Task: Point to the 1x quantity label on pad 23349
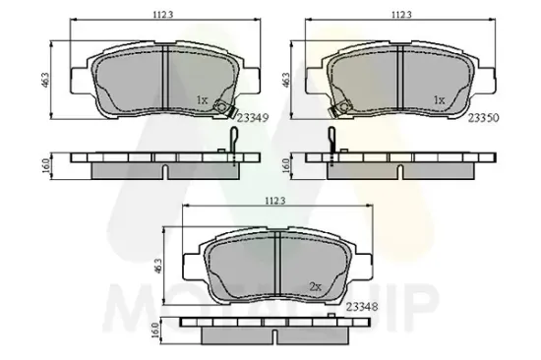[x=203, y=99]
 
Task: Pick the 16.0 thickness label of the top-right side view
[x=287, y=165]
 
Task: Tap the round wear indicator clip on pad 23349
[x=225, y=109]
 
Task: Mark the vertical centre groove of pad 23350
[x=402, y=78]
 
